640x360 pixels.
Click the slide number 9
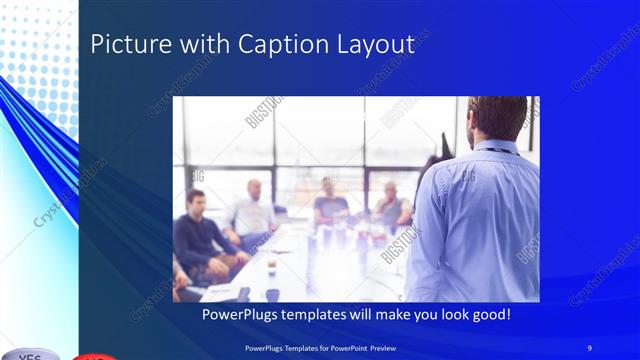(x=590, y=347)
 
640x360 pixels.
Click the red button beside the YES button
(x=95, y=356)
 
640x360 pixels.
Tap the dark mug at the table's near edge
(x=272, y=295)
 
